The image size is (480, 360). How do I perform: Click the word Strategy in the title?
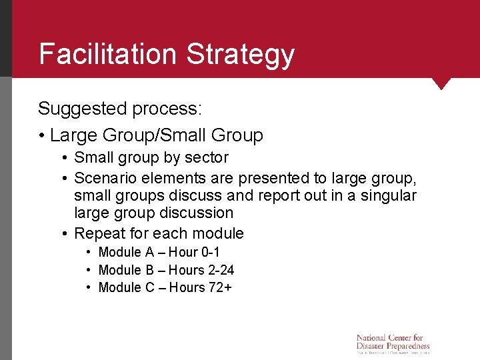pyautogui.click(x=241, y=55)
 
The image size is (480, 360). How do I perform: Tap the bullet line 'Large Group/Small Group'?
pyautogui.click(x=156, y=135)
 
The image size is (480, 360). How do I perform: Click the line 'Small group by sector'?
pyautogui.click(x=151, y=158)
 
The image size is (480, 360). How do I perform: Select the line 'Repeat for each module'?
pyautogui.click(x=159, y=233)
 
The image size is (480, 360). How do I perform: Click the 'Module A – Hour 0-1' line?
pyautogui.click(x=159, y=252)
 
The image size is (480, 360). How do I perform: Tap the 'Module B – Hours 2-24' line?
pyautogui.click(x=166, y=270)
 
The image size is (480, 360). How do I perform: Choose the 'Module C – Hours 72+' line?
pyautogui.click(x=165, y=287)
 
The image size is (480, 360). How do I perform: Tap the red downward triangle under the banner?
pyautogui.click(x=441, y=83)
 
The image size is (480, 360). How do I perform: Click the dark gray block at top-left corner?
pyautogui.click(x=6, y=38)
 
